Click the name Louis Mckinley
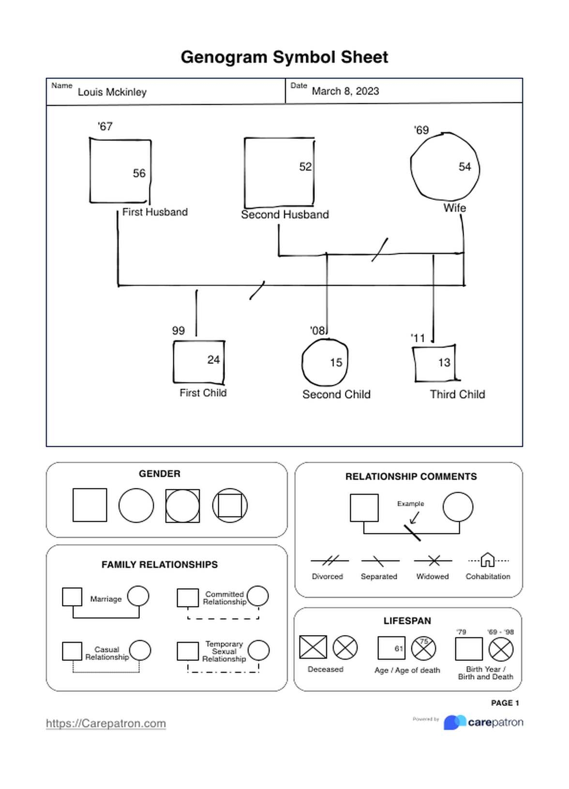112,92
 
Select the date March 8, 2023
345,91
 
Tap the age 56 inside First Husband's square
139,173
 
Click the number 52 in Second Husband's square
305,167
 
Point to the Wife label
454,208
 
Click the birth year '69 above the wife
421,130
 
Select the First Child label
203,393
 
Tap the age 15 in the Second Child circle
336,363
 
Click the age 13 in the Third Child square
444,363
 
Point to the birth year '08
317,331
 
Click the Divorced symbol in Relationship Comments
329,561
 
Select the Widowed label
432,577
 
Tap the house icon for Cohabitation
488,560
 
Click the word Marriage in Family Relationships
105,599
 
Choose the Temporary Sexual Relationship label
224,652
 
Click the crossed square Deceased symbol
313,647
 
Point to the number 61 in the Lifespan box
399,649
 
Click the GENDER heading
159,474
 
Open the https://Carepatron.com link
106,724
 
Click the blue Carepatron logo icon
454,722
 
